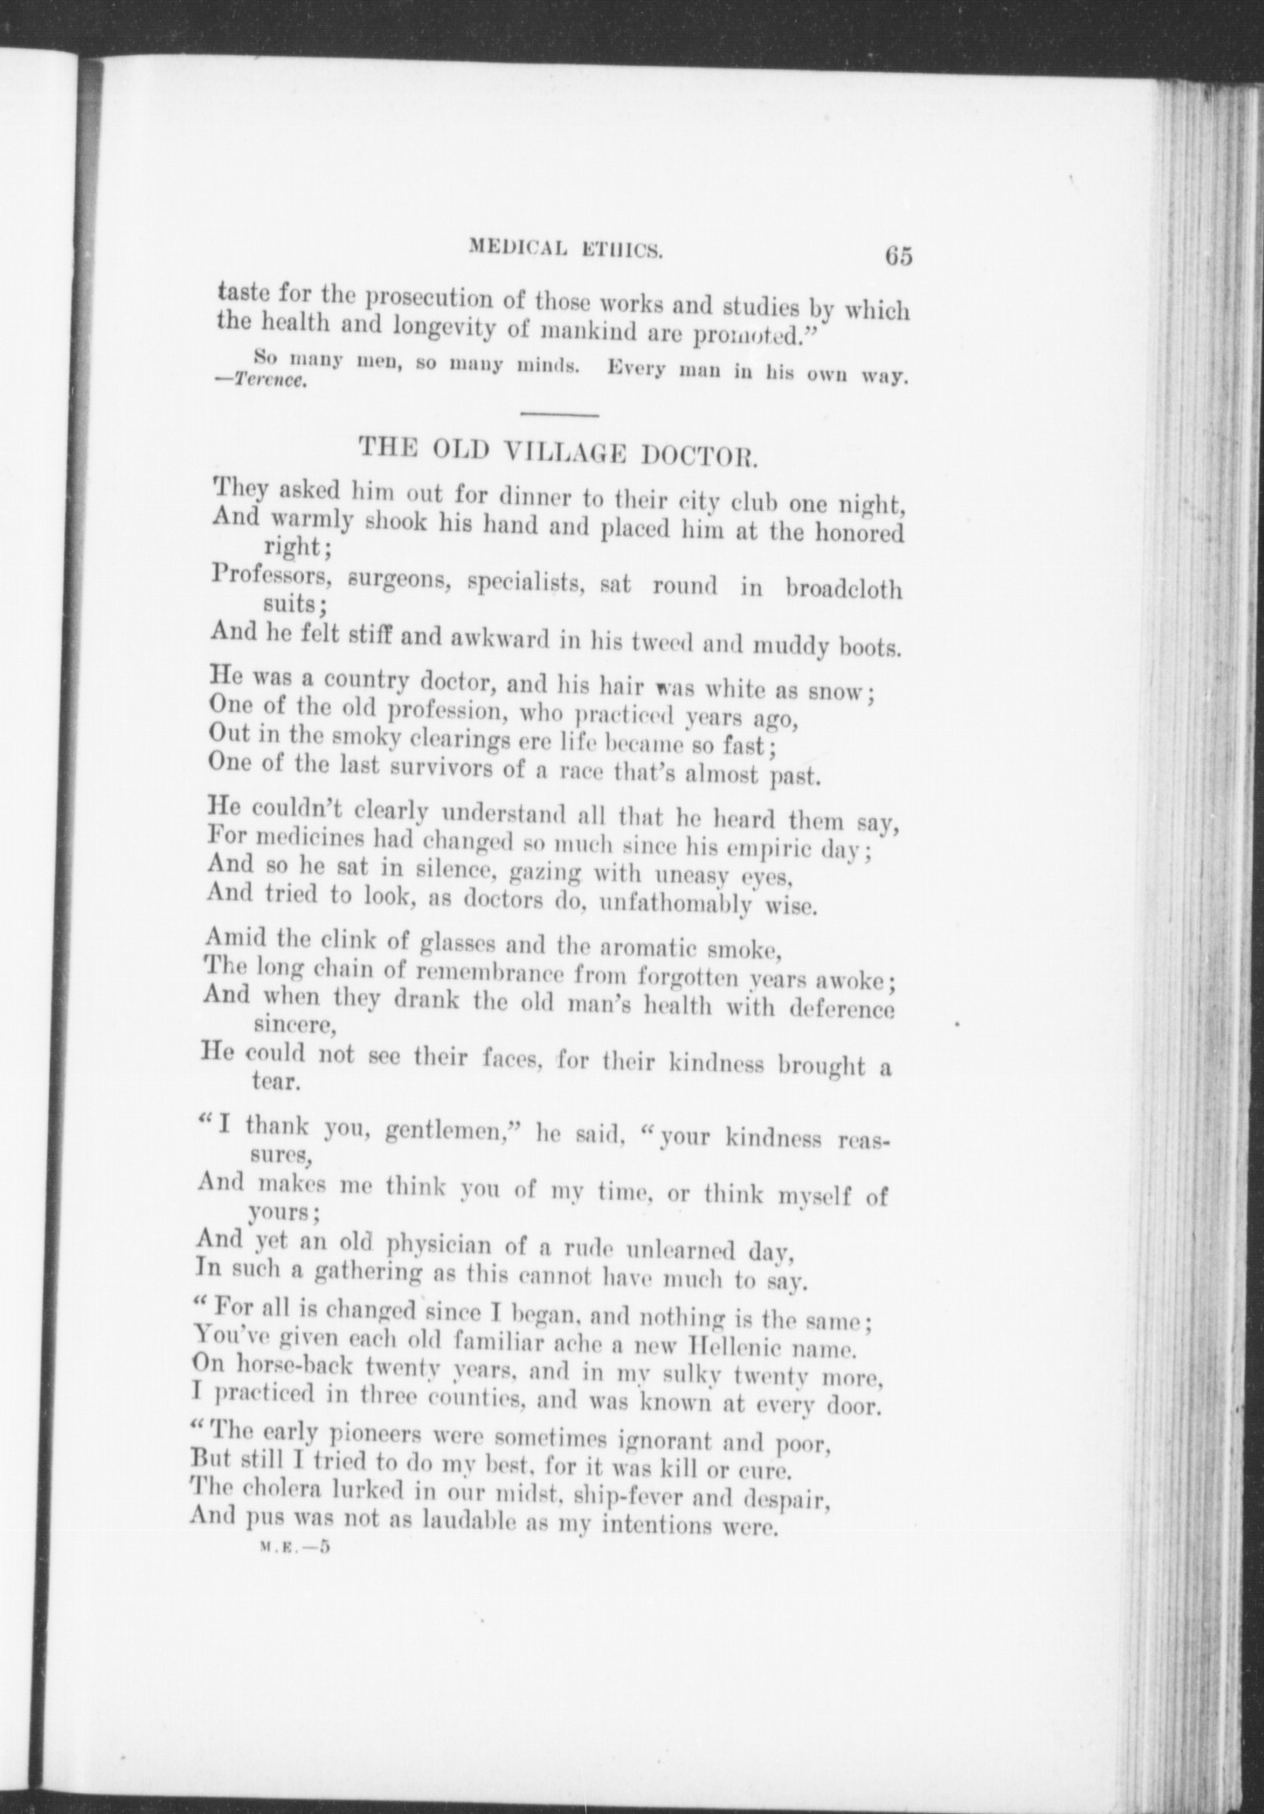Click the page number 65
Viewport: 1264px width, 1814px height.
[x=892, y=257]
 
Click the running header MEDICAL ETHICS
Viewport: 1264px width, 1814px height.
[x=564, y=249]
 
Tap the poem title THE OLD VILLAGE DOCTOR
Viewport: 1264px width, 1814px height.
[x=558, y=450]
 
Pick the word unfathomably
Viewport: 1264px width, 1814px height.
[x=676, y=904]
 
